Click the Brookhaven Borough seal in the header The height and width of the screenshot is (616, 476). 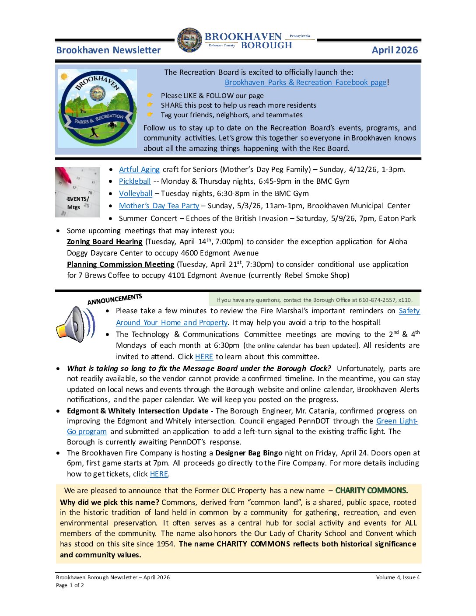[x=189, y=40]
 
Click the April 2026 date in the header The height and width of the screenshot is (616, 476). [x=395, y=50]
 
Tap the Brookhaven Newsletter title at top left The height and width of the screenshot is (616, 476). [x=108, y=50]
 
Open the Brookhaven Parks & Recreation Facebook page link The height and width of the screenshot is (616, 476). [x=305, y=82]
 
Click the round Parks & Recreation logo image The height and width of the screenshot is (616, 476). [x=97, y=108]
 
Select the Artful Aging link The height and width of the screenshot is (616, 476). [x=139, y=169]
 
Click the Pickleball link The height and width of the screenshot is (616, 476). [x=135, y=181]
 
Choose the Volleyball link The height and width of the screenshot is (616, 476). [x=136, y=193]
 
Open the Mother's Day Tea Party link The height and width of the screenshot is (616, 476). [x=159, y=206]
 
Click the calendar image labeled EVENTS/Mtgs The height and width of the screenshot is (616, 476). [x=77, y=192]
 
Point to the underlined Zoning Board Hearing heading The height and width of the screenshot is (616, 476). [x=105, y=241]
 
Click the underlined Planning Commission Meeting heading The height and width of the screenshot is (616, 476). [x=120, y=264]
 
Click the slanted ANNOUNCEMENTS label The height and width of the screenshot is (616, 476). [x=115, y=299]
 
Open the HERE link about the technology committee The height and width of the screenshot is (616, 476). [x=204, y=357]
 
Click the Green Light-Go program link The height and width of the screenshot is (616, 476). [x=396, y=421]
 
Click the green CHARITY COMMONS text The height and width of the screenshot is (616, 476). [x=371, y=490]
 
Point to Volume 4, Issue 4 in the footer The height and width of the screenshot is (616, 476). [x=398, y=577]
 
